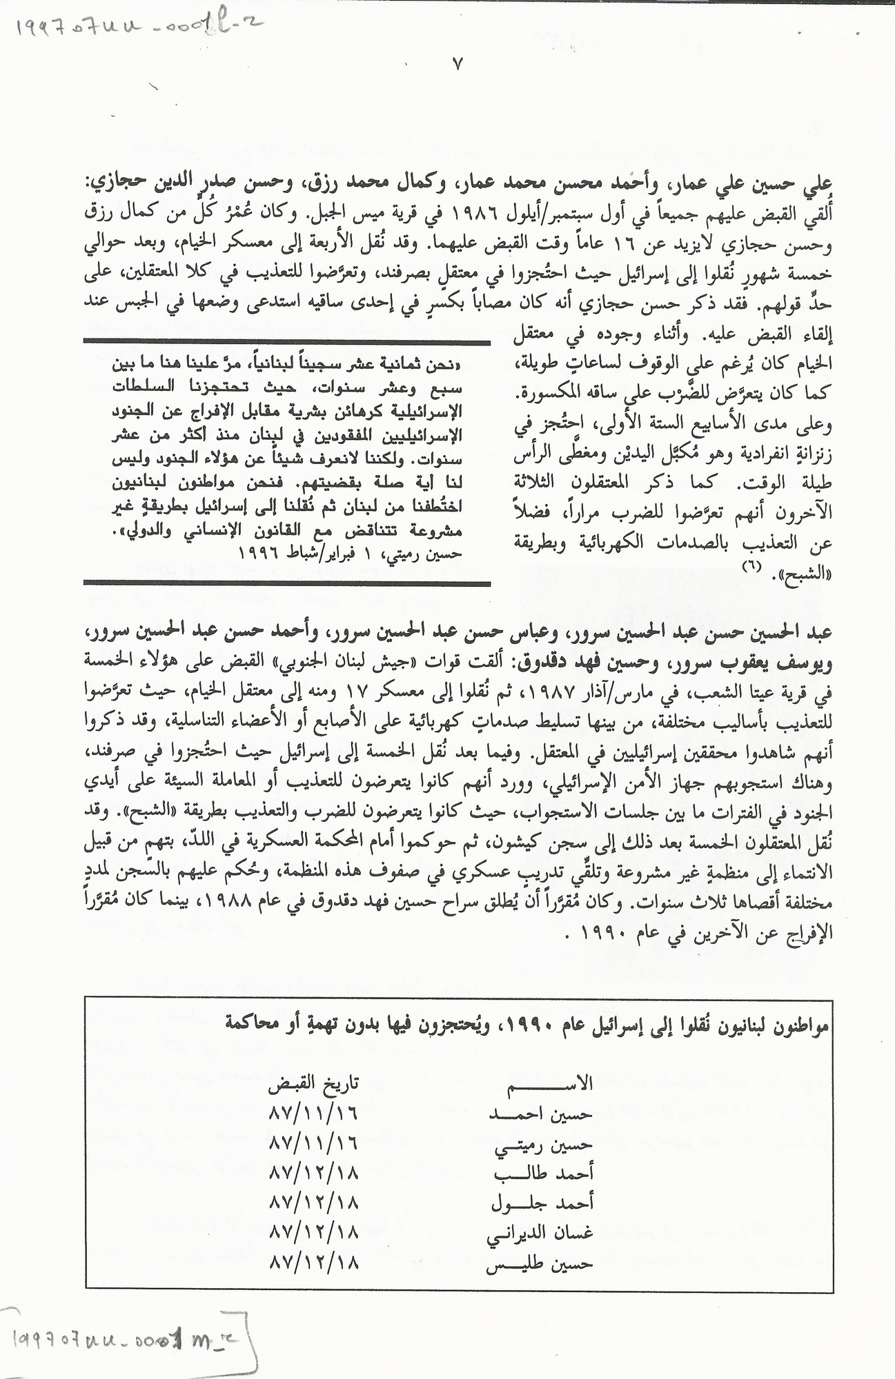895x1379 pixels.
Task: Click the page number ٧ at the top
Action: tap(458, 65)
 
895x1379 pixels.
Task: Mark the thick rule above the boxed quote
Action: tap(286, 341)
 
